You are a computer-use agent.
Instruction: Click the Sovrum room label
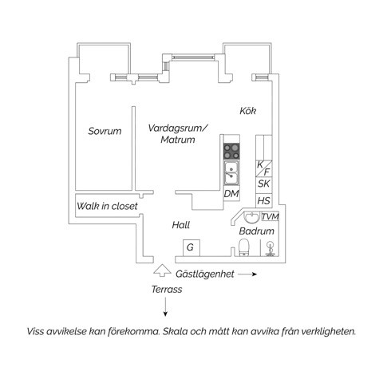click(105, 131)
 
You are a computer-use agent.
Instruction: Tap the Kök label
click(247, 111)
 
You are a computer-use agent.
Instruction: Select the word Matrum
click(178, 140)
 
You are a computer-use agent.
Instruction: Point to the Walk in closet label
click(107, 206)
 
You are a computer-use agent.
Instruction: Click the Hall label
click(181, 225)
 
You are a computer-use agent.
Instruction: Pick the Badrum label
click(256, 231)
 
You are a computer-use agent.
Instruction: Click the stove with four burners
click(231, 151)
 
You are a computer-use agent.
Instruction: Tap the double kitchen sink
click(231, 173)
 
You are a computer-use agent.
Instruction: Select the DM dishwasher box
click(231, 194)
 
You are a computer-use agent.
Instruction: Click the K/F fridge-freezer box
click(264, 168)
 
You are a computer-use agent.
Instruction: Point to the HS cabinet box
click(264, 200)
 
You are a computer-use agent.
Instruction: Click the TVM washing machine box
click(270, 216)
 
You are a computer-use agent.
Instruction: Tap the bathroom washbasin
click(251, 217)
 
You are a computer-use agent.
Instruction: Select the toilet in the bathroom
click(243, 247)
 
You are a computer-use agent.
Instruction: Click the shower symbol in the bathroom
click(270, 249)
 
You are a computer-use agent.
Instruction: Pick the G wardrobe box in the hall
click(191, 248)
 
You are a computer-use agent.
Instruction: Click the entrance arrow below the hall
click(162, 270)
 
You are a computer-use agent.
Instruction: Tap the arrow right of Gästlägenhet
click(247, 274)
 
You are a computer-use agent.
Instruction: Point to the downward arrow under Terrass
click(165, 307)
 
